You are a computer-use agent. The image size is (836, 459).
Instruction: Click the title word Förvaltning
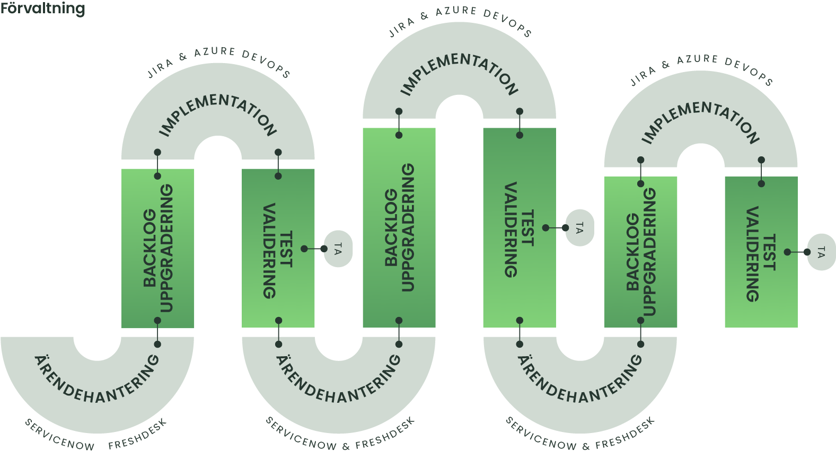coord(42,8)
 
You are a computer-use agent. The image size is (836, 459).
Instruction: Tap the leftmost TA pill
coord(338,249)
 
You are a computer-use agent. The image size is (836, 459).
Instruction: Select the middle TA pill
coord(579,228)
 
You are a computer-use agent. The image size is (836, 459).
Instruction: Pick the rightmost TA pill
coord(821,252)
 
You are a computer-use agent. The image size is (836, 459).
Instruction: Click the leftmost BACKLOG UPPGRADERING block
coord(158,248)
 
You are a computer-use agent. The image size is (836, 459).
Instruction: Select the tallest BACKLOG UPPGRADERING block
coord(399,228)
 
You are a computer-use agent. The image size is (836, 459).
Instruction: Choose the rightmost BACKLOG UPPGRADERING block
coord(641,252)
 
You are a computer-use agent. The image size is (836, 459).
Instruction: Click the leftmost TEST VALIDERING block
coord(278,248)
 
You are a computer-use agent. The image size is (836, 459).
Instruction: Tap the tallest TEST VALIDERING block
coord(520,228)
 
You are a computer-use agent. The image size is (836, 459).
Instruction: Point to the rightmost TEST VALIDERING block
coord(761,252)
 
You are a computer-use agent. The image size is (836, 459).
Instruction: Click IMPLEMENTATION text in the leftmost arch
coord(218,114)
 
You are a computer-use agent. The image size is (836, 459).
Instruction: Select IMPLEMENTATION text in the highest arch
coord(459,73)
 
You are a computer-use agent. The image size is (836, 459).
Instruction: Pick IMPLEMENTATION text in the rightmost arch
coord(701,122)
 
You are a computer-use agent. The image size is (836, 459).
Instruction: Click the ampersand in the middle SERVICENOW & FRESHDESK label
coord(346,446)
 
